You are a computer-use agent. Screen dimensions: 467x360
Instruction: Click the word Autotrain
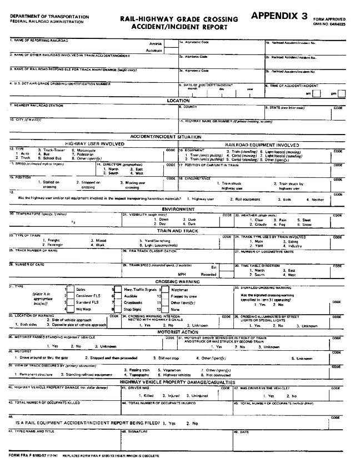tap(154, 50)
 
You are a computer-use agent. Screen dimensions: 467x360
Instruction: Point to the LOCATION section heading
tap(178, 100)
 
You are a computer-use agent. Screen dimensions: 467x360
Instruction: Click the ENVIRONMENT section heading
tap(178, 209)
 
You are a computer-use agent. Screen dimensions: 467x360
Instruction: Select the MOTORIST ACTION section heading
tap(178, 331)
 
